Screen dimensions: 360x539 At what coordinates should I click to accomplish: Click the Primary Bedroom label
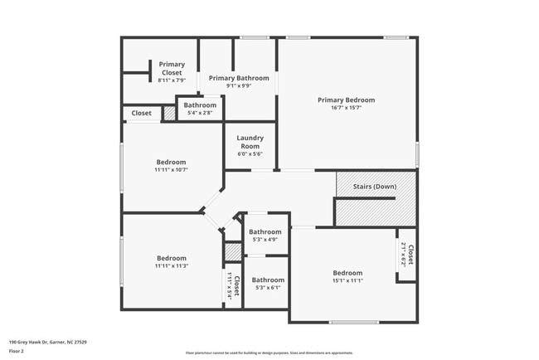(x=347, y=100)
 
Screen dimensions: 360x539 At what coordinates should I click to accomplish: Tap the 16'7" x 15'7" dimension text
(x=347, y=108)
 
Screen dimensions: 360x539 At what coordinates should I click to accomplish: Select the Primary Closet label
(x=172, y=68)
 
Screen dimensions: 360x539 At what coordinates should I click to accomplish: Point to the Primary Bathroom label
(x=239, y=78)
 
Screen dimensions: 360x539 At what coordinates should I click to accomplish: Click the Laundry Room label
(x=250, y=142)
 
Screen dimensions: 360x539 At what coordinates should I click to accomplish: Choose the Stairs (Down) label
(x=374, y=187)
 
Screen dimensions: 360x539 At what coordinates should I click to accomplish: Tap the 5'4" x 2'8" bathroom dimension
(x=200, y=114)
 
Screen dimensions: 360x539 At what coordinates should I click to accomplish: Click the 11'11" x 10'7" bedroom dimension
(x=171, y=170)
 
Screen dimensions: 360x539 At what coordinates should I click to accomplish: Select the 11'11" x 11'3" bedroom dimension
(x=171, y=266)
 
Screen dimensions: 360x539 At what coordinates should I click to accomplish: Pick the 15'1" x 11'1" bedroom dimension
(x=347, y=281)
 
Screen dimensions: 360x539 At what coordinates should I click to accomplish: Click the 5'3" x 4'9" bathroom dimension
(x=265, y=240)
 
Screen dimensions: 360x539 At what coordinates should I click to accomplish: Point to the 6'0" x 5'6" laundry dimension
(x=250, y=154)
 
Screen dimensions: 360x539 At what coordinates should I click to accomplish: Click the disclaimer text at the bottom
(x=269, y=352)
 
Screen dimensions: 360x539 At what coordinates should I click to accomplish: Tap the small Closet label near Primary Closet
(x=142, y=113)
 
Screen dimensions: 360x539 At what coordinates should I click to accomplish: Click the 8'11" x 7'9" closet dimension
(x=172, y=80)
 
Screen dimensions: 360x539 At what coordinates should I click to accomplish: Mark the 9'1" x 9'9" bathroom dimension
(x=239, y=85)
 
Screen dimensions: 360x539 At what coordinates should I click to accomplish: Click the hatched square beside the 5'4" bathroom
(x=169, y=114)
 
